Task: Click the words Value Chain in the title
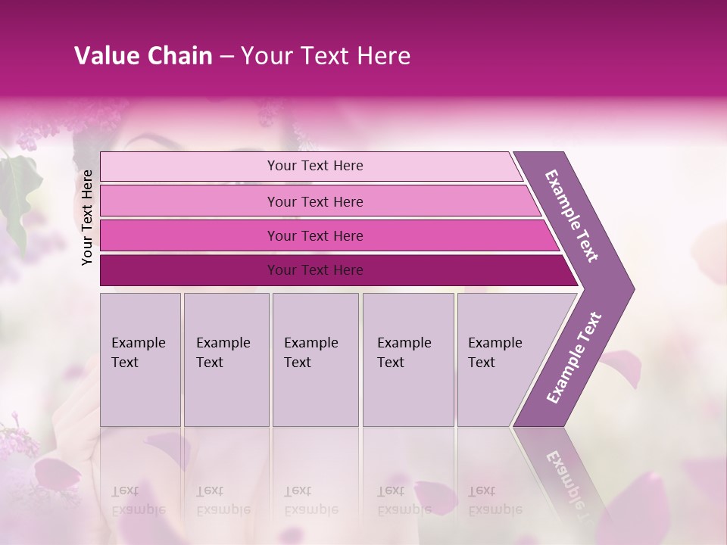point(143,56)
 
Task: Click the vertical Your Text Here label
point(87,217)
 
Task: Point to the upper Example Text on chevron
point(572,216)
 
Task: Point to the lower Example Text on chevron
point(573,358)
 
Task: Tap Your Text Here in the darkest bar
point(315,270)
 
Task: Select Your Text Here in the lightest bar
point(315,166)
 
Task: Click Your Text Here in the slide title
point(326,56)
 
